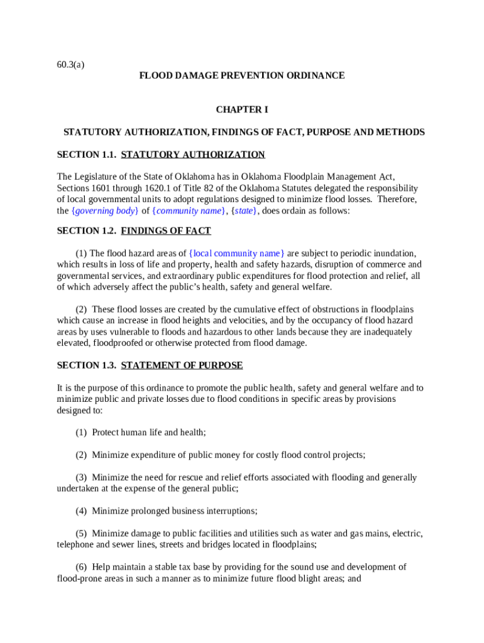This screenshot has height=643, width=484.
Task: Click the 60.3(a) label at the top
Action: coord(70,63)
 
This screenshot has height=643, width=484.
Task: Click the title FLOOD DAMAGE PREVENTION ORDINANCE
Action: coord(242,75)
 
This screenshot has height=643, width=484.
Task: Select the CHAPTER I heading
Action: coord(242,109)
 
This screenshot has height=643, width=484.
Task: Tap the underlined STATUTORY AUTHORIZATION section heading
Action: coord(193,154)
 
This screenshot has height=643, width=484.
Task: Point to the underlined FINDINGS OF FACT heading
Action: coord(166,230)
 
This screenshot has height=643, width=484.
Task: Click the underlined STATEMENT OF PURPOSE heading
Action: coord(182,365)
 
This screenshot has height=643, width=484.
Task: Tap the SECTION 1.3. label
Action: coord(86,365)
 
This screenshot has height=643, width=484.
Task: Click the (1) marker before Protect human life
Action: coord(81,433)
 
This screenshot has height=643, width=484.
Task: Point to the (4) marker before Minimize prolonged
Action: coord(81,511)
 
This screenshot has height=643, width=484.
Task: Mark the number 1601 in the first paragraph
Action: coord(104,188)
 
